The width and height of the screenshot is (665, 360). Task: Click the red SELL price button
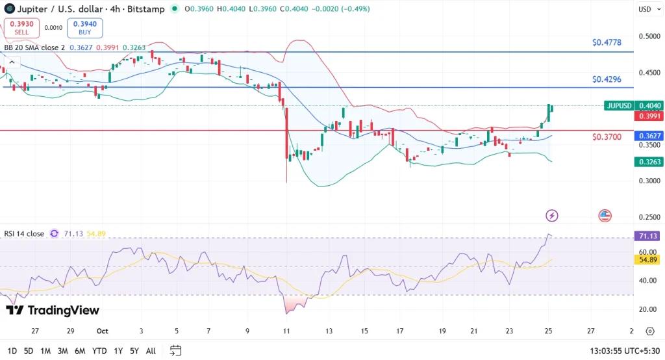pyautogui.click(x=22, y=28)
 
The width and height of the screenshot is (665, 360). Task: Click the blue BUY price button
pyautogui.click(x=84, y=28)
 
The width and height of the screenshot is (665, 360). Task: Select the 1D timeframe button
pyautogui.click(x=11, y=351)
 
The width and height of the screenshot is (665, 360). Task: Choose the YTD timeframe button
pyautogui.click(x=99, y=351)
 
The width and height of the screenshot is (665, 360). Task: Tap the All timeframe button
pyautogui.click(x=151, y=351)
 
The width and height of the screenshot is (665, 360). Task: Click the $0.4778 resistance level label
pyautogui.click(x=607, y=43)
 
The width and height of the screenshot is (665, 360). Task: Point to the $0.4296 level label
pyautogui.click(x=607, y=79)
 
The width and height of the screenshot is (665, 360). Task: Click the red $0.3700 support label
pyautogui.click(x=607, y=137)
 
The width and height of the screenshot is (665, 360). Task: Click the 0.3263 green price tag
pyautogui.click(x=649, y=162)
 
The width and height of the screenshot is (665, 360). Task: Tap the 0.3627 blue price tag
pyautogui.click(x=649, y=136)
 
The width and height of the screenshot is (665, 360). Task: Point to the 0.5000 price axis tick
pyautogui.click(x=649, y=36)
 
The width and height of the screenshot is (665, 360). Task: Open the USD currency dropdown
pyautogui.click(x=645, y=9)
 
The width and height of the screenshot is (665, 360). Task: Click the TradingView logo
pyautogui.click(x=53, y=311)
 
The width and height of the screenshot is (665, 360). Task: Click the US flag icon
pyautogui.click(x=605, y=215)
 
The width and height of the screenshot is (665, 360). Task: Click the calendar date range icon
pyautogui.click(x=175, y=351)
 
